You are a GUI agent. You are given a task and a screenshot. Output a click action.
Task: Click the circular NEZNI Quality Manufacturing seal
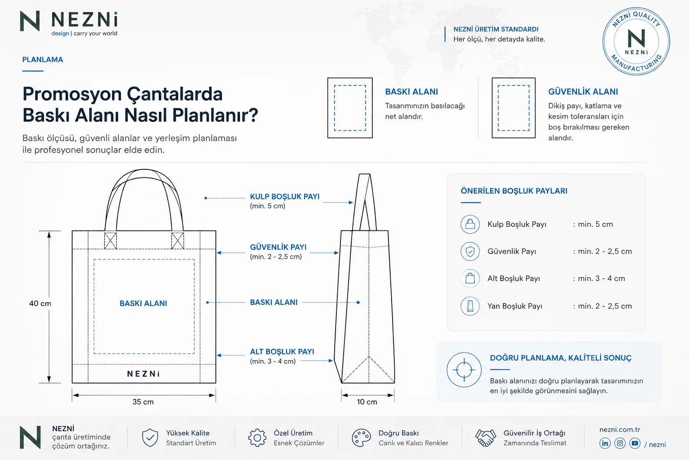click(636, 41)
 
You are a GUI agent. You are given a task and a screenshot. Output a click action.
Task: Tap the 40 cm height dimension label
click(40, 304)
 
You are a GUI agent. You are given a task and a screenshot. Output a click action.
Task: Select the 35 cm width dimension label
click(143, 402)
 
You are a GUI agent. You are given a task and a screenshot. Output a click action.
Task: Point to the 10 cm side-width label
click(367, 402)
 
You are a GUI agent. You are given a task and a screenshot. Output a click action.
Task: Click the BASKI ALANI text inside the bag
click(144, 304)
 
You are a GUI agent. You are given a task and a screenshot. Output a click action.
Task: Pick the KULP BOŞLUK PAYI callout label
click(285, 197)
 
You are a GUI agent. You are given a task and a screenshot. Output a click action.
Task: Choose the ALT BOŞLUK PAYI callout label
click(282, 352)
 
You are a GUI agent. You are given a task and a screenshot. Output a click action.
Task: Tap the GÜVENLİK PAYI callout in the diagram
click(279, 247)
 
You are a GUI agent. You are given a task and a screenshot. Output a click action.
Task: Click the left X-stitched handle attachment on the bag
click(110, 241)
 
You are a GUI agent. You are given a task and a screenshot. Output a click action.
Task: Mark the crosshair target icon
click(464, 370)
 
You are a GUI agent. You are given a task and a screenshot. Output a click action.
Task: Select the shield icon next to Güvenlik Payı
click(470, 252)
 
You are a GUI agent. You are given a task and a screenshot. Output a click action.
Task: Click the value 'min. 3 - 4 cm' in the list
click(602, 279)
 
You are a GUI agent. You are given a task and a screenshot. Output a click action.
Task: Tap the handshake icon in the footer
click(486, 438)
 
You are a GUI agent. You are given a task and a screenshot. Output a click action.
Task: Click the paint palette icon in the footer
click(362, 438)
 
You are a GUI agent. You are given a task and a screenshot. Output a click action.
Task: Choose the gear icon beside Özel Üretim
click(257, 438)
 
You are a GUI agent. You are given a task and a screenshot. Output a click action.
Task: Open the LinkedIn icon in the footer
click(605, 443)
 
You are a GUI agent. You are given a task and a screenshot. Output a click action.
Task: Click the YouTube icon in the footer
click(635, 443)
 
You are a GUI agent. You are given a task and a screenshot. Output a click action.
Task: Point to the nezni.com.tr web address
click(620, 429)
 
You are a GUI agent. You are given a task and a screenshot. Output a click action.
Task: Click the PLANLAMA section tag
click(43, 59)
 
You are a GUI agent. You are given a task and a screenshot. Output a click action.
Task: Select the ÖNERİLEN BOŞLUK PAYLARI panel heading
click(514, 191)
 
